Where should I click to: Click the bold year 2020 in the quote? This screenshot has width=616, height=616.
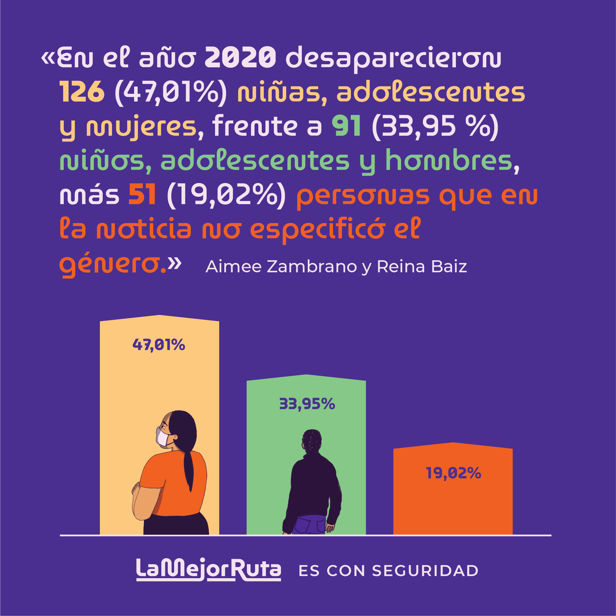tap(240, 58)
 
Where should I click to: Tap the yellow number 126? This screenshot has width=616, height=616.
tap(82, 92)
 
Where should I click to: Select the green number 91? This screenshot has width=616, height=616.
tap(346, 126)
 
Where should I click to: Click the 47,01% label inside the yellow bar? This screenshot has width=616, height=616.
tap(159, 345)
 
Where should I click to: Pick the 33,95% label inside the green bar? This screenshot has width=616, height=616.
tap(307, 404)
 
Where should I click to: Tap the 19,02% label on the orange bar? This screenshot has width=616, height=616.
tap(453, 473)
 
